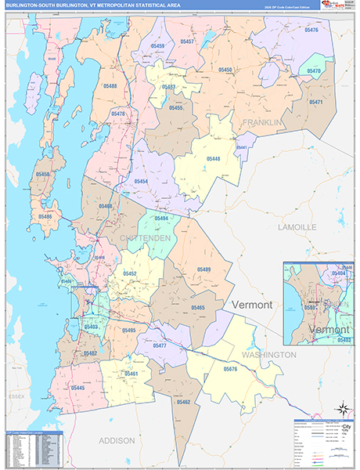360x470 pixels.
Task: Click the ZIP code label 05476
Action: [311, 29]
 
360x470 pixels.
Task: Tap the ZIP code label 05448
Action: [214, 159]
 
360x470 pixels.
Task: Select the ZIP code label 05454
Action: [141, 182]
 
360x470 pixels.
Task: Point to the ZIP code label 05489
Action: [203, 269]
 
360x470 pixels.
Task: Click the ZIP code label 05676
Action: [229, 368]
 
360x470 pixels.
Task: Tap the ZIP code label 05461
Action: [131, 374]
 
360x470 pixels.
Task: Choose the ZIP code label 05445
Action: [77, 388]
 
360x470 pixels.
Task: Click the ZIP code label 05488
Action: [109, 86]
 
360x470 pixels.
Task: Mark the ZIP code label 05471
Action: [316, 102]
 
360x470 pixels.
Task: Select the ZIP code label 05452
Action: [129, 273]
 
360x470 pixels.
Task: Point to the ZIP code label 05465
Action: [197, 308]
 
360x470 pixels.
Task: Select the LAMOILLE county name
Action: [297, 226]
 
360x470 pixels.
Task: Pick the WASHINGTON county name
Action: [269, 355]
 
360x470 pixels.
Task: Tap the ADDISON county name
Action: [117, 441]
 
